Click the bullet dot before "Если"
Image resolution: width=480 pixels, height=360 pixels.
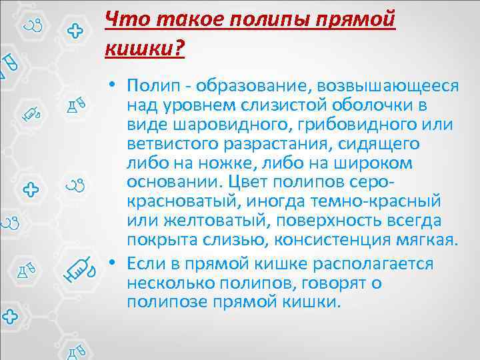point(115,265)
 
